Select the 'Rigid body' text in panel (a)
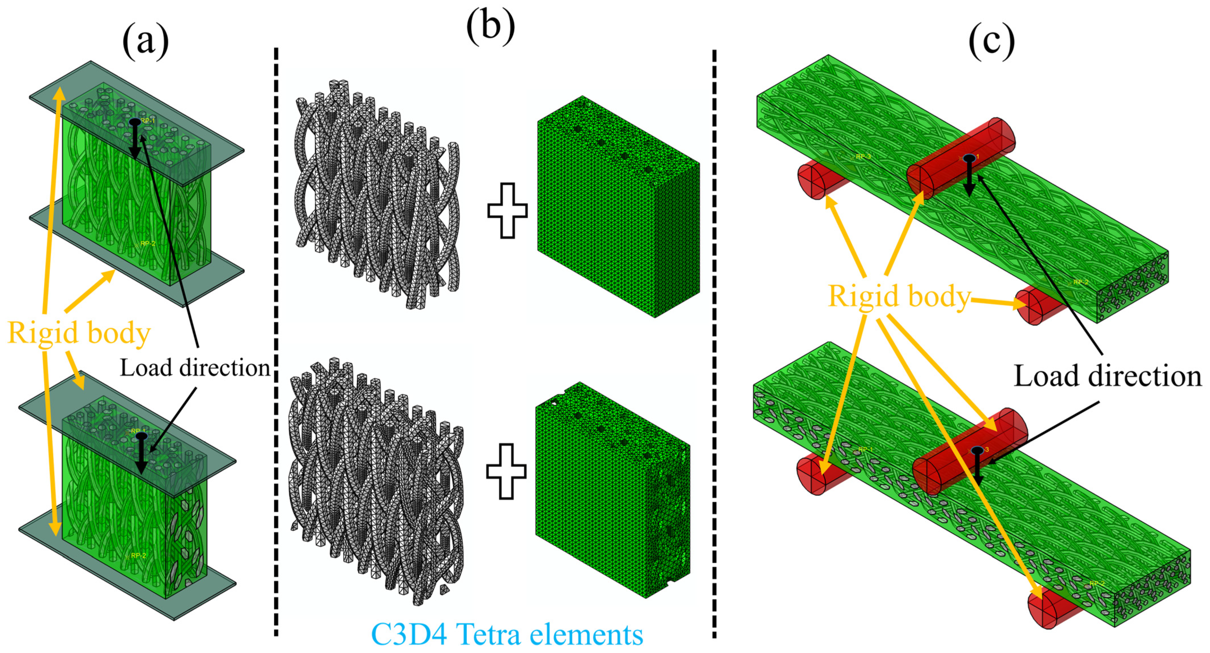coord(79,333)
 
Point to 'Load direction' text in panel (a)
coord(194,368)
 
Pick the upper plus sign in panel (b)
coord(507,210)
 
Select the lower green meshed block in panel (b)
coord(611,489)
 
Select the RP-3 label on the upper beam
coord(863,156)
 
